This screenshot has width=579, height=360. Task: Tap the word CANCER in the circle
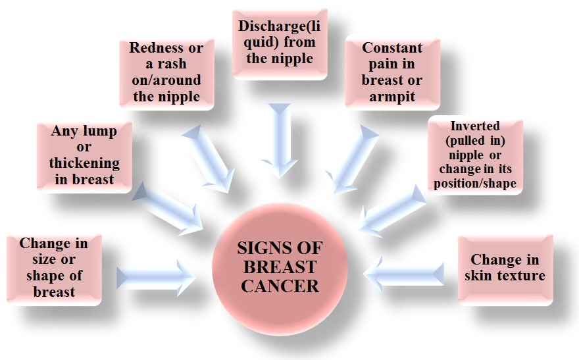click(x=280, y=286)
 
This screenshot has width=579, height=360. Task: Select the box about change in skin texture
click(x=505, y=268)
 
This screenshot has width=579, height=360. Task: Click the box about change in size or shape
click(x=53, y=268)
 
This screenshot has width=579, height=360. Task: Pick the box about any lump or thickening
click(x=84, y=155)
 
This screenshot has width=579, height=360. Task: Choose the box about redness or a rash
click(x=166, y=73)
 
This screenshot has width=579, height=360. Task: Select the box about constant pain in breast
click(x=391, y=72)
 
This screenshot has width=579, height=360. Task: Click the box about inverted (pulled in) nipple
click(x=475, y=155)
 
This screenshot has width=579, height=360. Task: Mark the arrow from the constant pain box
click(x=353, y=158)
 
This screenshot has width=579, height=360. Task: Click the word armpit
click(x=392, y=96)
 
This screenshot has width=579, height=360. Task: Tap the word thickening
click(x=84, y=163)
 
